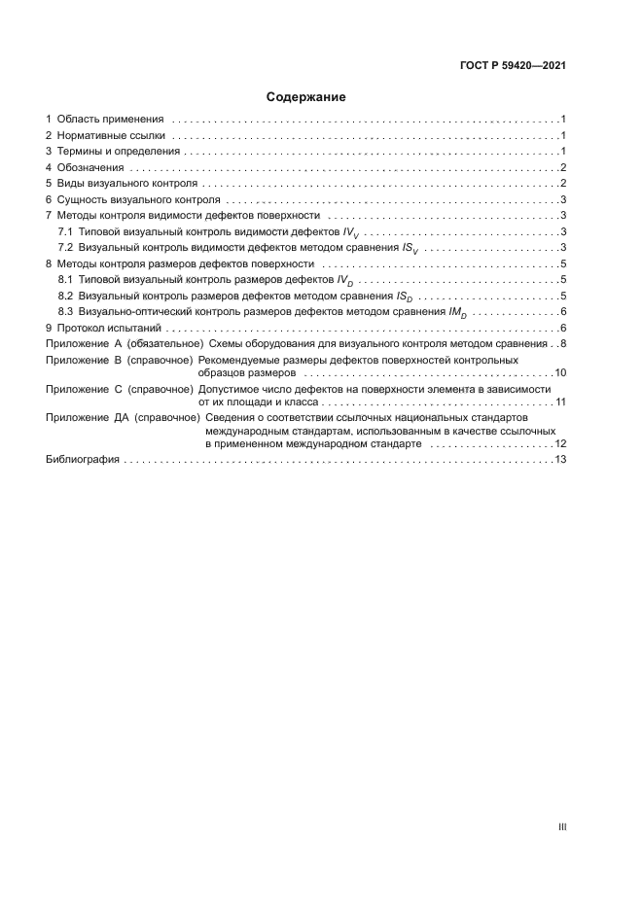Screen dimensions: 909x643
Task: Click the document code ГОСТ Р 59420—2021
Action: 513,66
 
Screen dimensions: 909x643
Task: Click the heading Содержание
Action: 306,97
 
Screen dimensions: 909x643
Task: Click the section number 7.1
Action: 66,231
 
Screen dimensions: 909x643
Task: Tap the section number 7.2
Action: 66,248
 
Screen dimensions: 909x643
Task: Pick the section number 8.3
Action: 66,311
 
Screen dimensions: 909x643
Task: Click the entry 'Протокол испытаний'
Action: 107,328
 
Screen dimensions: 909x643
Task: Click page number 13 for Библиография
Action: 560,459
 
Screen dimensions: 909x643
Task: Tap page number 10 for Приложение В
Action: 560,372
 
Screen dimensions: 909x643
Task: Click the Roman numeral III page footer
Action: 561,826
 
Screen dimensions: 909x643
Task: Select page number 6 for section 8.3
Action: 563,311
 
